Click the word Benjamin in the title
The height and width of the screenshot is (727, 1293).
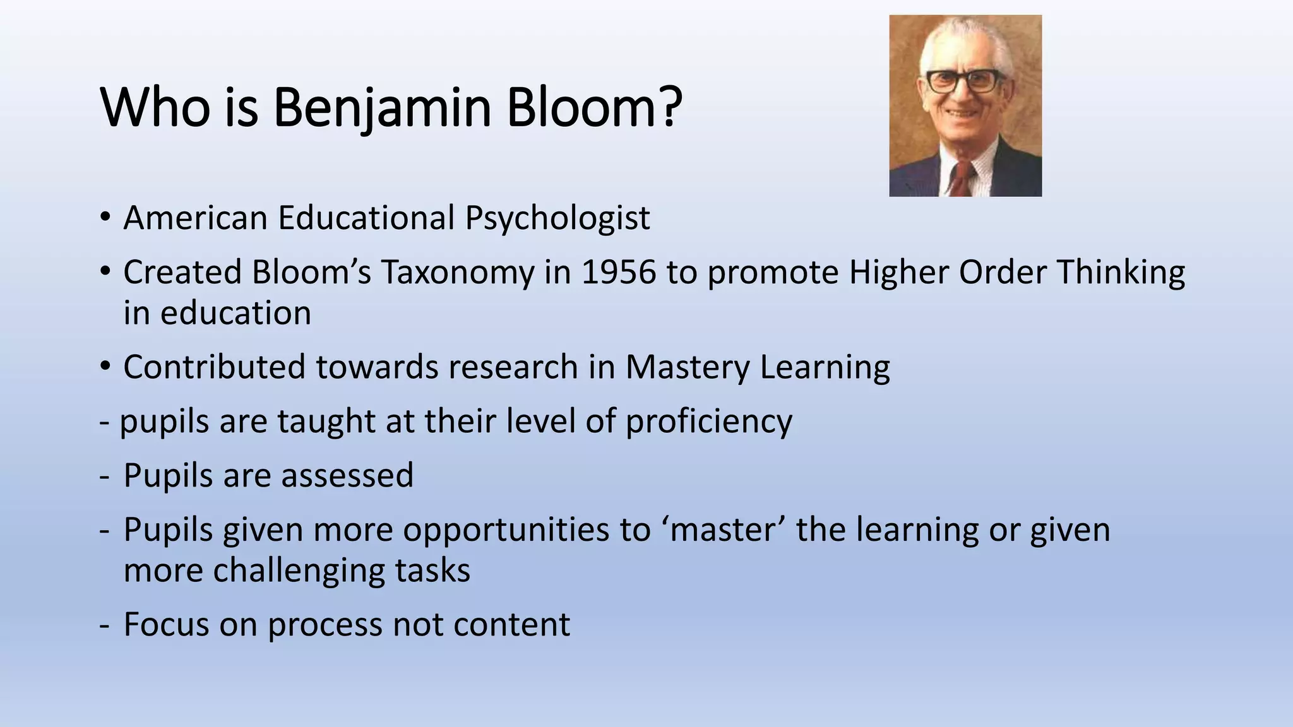[382, 107]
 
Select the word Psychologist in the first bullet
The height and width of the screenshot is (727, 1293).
[557, 218]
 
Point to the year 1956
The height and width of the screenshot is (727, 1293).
[618, 273]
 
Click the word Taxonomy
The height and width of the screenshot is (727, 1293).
[457, 273]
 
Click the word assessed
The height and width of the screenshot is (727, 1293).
[347, 475]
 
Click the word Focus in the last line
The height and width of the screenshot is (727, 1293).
[166, 624]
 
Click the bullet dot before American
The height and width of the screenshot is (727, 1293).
[105, 218]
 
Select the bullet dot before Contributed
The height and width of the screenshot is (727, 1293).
[105, 367]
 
